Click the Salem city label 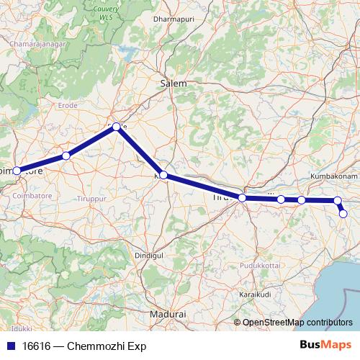[x=173, y=84]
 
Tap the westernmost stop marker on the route [x=17, y=171]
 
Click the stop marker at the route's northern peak [x=116, y=127]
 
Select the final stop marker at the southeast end [x=343, y=213]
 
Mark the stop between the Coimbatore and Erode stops [x=66, y=156]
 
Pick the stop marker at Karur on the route [x=163, y=175]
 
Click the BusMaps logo [x=325, y=345]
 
